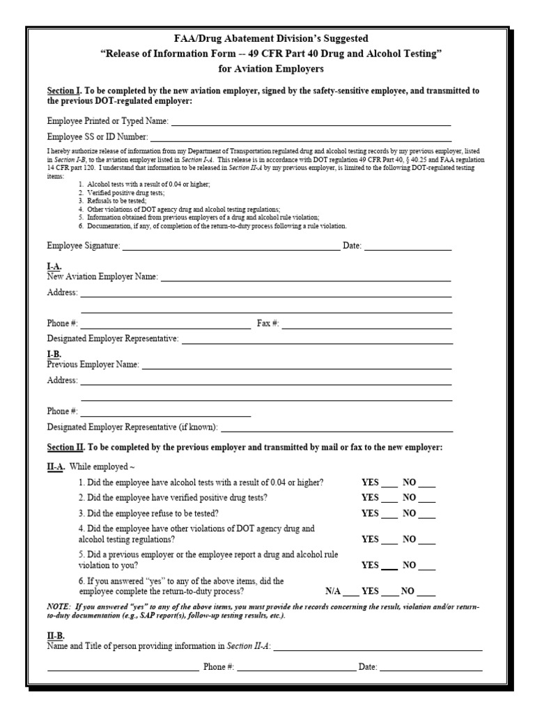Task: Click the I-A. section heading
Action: click(x=54, y=267)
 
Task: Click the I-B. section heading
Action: click(x=54, y=354)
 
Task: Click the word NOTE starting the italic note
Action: click(x=59, y=607)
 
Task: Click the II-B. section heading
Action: click(x=56, y=636)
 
